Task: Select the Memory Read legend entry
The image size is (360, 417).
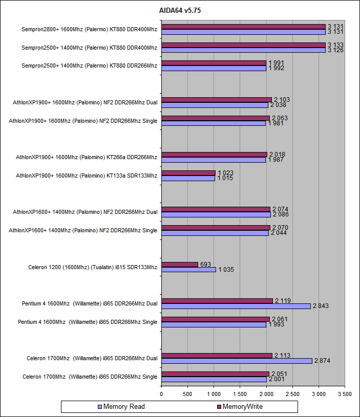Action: coord(124,407)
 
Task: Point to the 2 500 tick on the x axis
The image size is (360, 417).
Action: coord(292,394)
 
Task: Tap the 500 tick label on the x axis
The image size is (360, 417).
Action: coord(187,394)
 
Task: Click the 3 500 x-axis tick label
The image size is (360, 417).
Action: coord(345,394)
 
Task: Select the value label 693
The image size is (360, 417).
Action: coord(206,264)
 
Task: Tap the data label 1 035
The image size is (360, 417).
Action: coord(225,269)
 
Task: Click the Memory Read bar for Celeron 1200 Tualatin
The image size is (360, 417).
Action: coord(188,269)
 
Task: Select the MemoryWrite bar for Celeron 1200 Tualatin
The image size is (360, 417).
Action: coord(179,265)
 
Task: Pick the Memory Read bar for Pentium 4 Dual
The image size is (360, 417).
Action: coord(236,306)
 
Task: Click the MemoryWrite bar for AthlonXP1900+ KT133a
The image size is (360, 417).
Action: coord(188,173)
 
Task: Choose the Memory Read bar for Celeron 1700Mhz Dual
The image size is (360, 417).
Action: coord(237,361)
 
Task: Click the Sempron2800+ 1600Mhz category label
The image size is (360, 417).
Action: coord(90,29)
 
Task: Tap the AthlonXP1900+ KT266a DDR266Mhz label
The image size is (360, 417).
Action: coord(87,157)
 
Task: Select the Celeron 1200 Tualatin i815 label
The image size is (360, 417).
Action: coord(93,267)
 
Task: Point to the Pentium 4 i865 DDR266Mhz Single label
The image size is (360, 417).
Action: coord(88,322)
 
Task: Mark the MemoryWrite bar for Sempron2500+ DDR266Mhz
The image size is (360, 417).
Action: coord(214,63)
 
